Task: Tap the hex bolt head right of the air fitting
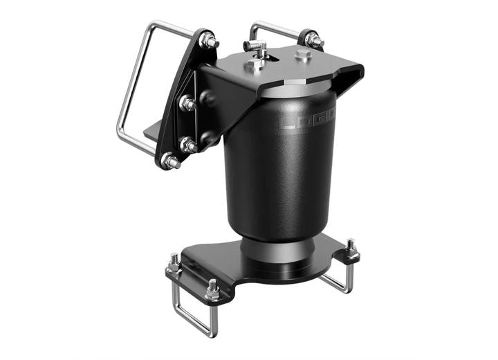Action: pyautogui.click(x=302, y=55)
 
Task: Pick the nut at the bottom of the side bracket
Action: pyautogui.click(x=170, y=161)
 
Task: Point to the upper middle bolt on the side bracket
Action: pyautogui.click(x=187, y=103)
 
